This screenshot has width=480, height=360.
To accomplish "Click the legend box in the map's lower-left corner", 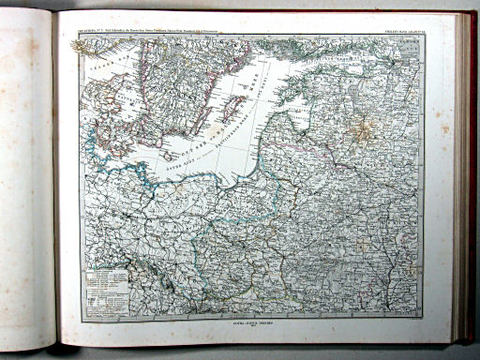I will point(105,285).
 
